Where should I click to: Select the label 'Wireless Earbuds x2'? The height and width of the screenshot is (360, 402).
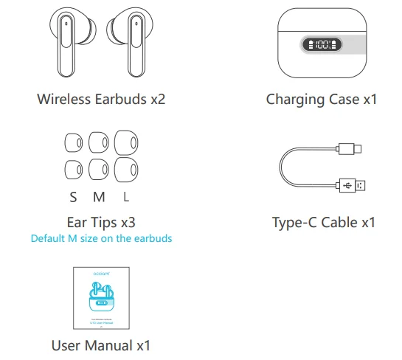[101, 98]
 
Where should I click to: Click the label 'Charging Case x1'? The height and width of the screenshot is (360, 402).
[321, 98]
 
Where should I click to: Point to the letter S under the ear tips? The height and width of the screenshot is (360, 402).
[73, 197]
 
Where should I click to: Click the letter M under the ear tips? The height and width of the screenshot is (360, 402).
[99, 197]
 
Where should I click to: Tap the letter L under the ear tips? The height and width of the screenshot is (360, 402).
[126, 197]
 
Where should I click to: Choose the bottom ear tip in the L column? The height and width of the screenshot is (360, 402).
[126, 172]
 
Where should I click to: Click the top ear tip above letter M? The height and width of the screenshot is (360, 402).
[99, 142]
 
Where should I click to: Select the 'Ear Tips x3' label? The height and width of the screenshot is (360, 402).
[101, 221]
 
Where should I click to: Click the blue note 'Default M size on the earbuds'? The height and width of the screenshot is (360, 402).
[101, 238]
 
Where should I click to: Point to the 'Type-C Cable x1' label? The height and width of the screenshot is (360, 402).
[323, 221]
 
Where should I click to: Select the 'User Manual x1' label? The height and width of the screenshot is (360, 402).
[101, 345]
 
